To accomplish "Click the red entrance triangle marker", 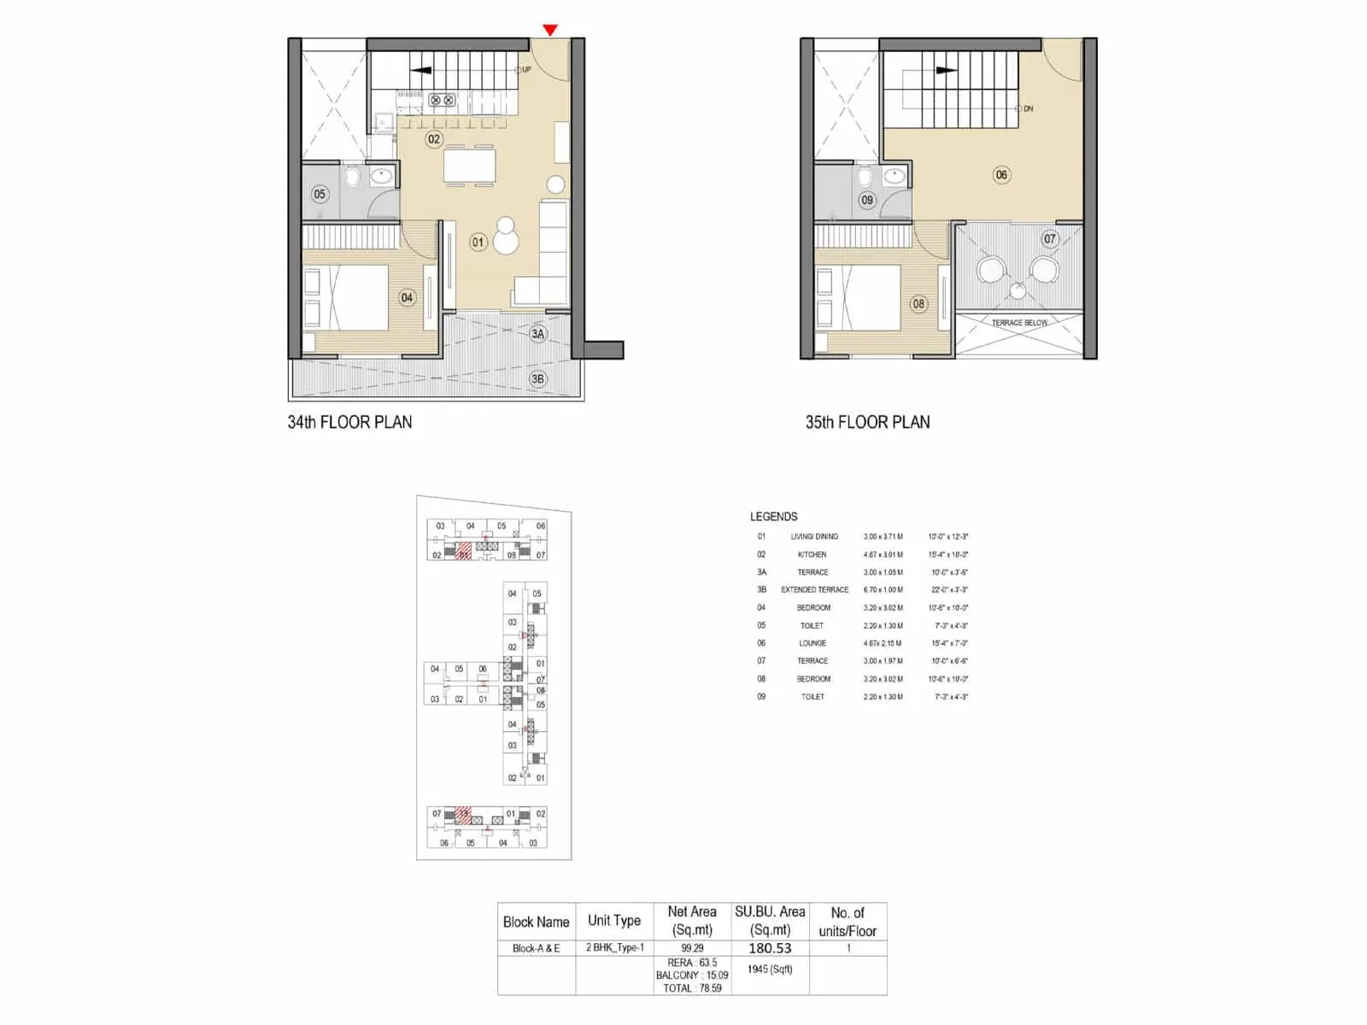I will tap(550, 31).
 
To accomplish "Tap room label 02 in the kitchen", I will tap(434, 139).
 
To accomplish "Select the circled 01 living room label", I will tap(478, 242).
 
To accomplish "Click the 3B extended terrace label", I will tap(537, 379).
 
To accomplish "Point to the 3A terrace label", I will tap(537, 334).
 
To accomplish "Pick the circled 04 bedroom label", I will tap(407, 298).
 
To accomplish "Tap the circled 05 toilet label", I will tap(320, 194).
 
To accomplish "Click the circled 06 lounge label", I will tap(1001, 175).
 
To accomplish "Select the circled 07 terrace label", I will tap(1050, 239).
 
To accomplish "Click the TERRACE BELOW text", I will tap(1019, 323).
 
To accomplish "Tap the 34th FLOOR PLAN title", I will tap(349, 422).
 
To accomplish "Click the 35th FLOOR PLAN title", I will tap(867, 422).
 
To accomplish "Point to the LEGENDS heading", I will tap(773, 517).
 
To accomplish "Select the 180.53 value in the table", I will tap(770, 948).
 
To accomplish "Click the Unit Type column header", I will tap(613, 921).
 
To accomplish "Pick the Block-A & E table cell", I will tap(536, 948).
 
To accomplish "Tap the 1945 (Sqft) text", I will tap(770, 969).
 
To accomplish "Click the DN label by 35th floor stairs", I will tap(1028, 109).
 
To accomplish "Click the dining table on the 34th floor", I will tap(469, 166).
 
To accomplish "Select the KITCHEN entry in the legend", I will tap(812, 554).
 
